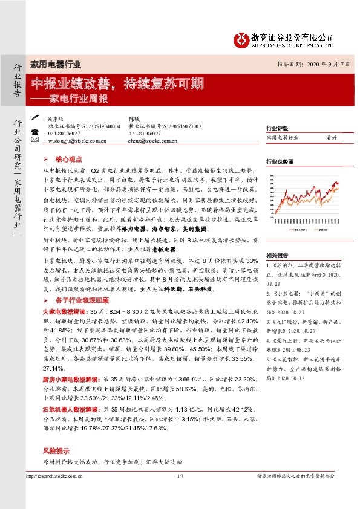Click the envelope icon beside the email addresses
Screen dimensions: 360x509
[x=35, y=140]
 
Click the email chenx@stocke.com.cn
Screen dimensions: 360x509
[x=152, y=140]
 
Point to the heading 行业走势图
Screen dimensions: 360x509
[x=280, y=161]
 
